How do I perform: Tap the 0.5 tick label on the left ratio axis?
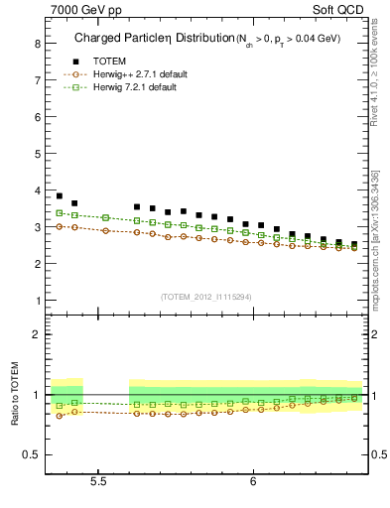point(32,454)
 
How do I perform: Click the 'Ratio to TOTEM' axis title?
point(14,394)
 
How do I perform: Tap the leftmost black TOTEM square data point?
point(60,195)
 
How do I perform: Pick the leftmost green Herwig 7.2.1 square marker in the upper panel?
point(60,212)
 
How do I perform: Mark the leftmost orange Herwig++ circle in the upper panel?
point(60,226)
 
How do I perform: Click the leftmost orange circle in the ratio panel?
point(60,415)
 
